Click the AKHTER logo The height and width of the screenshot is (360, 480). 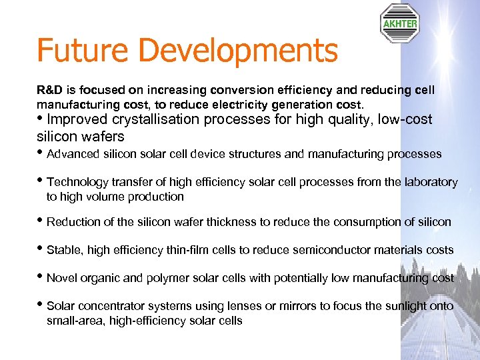click(x=399, y=23)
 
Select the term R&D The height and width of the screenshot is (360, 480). click(x=48, y=89)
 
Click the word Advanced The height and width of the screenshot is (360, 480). click(x=72, y=155)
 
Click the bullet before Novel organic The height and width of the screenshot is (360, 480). click(x=41, y=277)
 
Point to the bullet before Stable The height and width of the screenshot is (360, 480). click(x=41, y=249)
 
